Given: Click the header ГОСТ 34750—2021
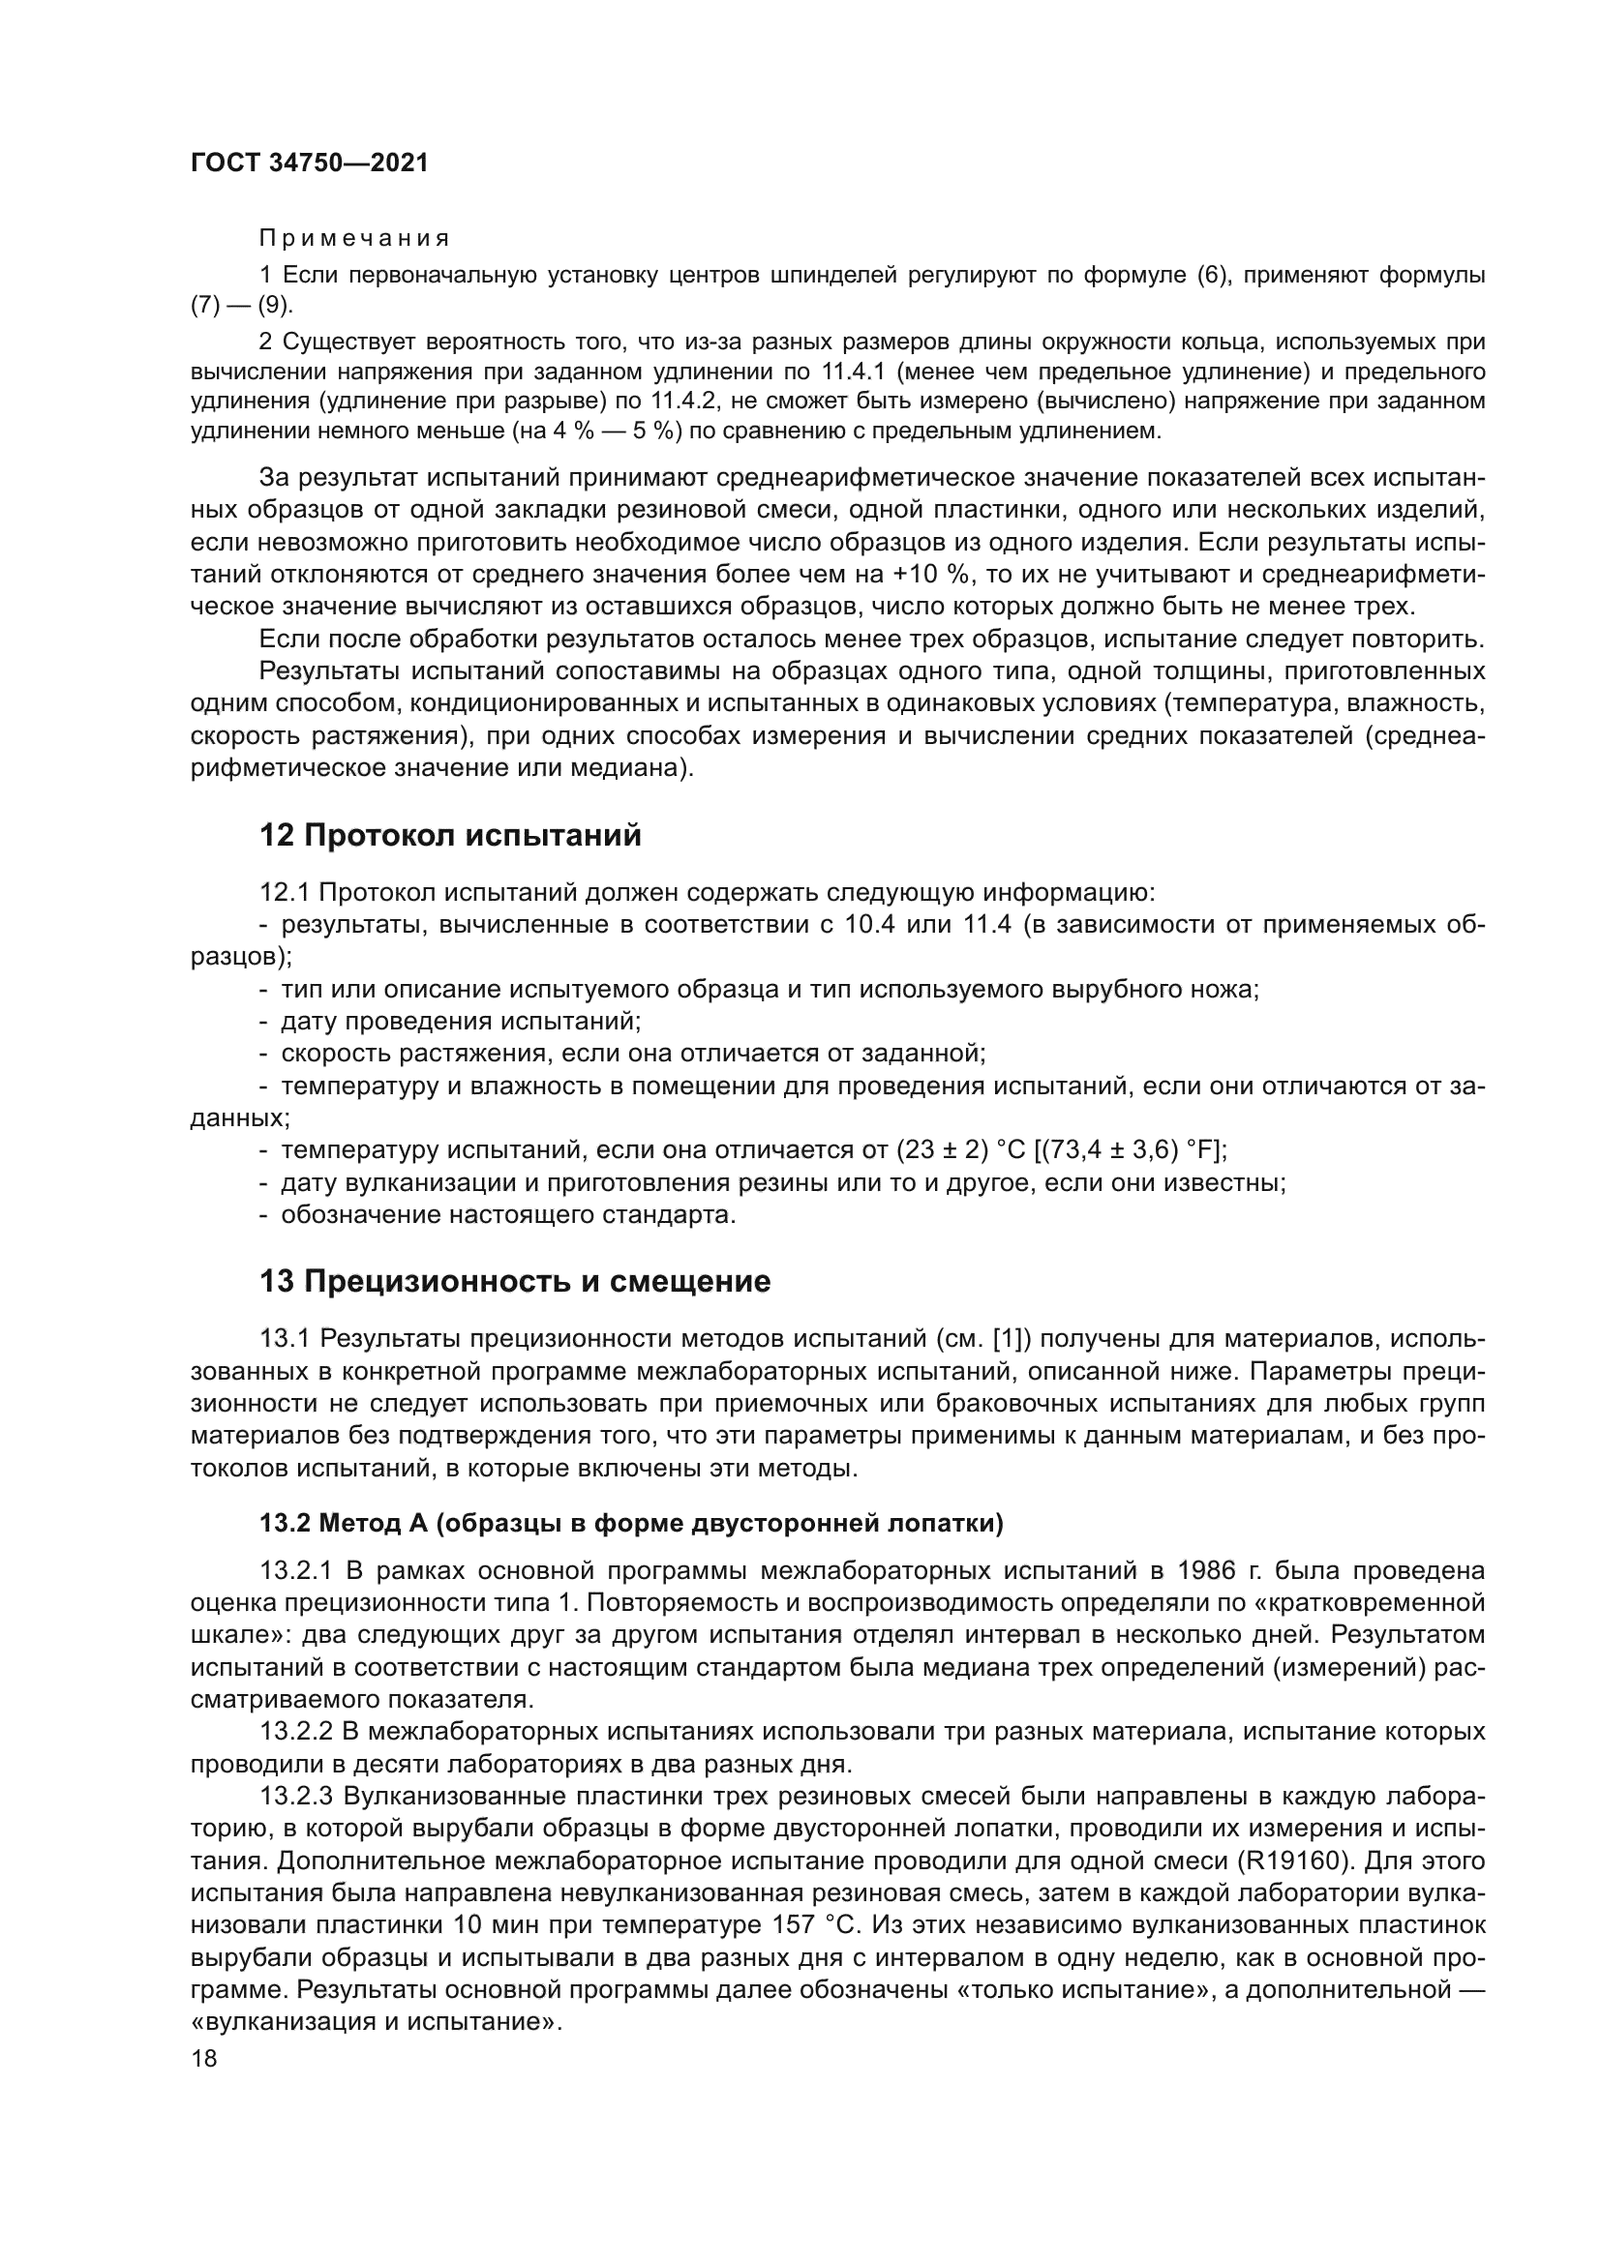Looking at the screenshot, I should (x=309, y=163).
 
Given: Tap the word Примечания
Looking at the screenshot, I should (x=354, y=239).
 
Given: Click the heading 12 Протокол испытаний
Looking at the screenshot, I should (x=449, y=835).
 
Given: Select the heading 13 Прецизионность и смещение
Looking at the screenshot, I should (x=515, y=1281).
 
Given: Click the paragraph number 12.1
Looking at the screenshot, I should (x=284, y=893).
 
